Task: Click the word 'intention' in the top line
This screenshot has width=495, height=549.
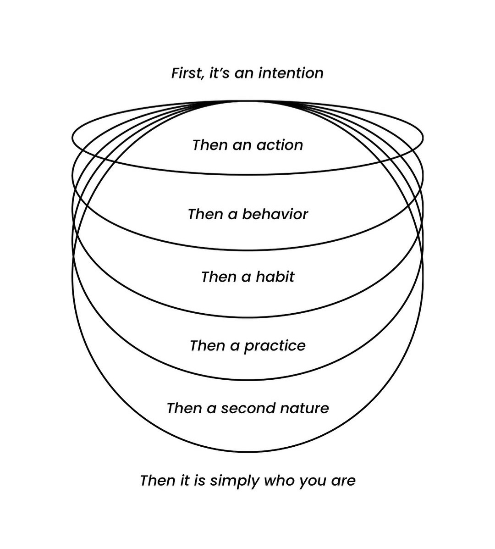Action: click(x=291, y=73)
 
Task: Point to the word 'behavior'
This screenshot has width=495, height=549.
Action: click(x=275, y=214)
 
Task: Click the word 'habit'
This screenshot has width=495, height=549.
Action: click(x=275, y=277)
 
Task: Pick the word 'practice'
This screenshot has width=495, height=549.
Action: click(x=275, y=346)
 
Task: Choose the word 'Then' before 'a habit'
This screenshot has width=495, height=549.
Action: click(x=219, y=277)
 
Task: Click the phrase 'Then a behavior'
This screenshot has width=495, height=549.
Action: click(x=247, y=214)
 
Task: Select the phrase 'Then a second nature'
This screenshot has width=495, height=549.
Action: click(x=247, y=408)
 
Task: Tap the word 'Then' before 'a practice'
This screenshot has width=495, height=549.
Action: click(x=207, y=345)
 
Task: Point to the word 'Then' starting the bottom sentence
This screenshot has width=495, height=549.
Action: click(x=157, y=481)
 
